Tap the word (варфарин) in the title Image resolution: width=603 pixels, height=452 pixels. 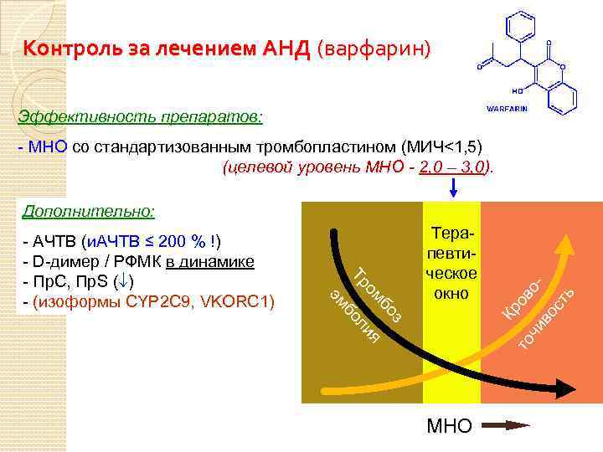(374, 49)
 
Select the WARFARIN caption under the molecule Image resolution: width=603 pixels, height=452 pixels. (507, 110)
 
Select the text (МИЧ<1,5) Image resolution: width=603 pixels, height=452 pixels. (441, 146)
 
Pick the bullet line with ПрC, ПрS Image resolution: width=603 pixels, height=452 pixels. (79, 280)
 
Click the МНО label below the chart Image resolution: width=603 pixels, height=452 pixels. (450, 426)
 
